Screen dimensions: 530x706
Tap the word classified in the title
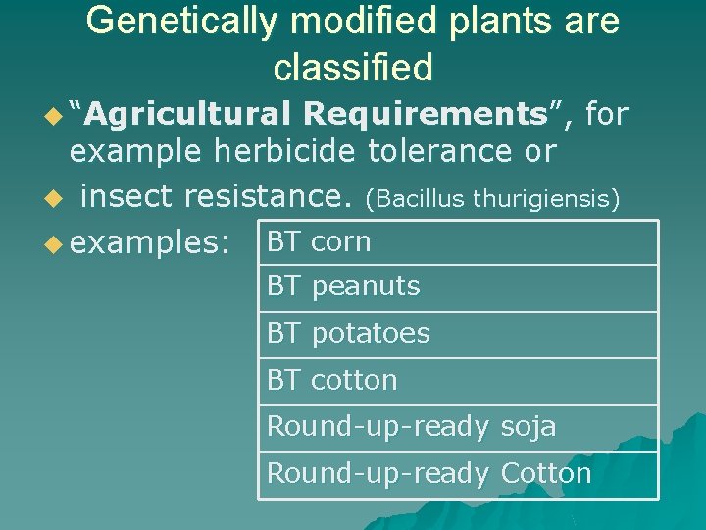(x=353, y=68)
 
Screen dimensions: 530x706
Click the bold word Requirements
(x=426, y=115)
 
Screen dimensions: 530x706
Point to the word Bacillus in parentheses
(x=417, y=199)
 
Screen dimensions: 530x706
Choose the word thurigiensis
(x=545, y=199)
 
